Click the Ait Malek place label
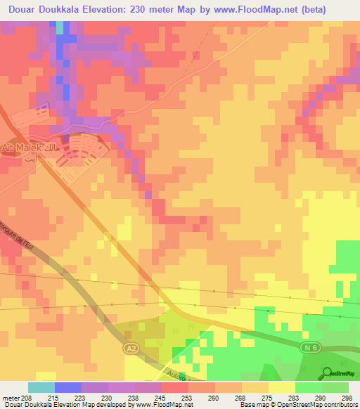(x=28, y=148)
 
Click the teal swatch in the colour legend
(x=41, y=387)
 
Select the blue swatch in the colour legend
(x=68, y=387)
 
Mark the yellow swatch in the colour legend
(x=282, y=387)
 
